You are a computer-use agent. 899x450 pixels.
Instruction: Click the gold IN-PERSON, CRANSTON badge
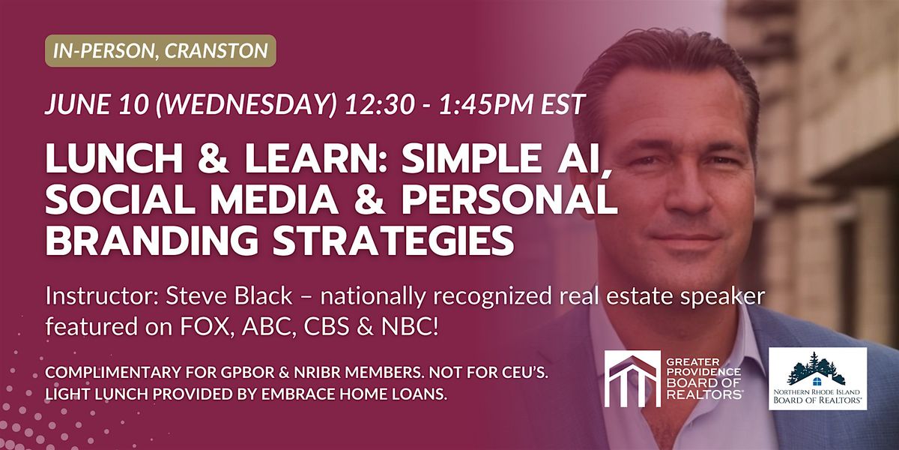[x=160, y=51]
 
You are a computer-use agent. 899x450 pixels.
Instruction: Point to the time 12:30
[x=379, y=104]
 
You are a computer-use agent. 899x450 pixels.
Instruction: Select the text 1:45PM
[x=486, y=104]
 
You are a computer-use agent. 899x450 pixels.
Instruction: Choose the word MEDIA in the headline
[x=274, y=199]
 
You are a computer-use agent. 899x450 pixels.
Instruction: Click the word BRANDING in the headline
[x=152, y=240]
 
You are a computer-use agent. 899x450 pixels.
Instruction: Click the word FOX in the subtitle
[x=206, y=327]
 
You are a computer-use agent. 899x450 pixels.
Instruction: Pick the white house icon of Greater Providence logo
[x=632, y=379]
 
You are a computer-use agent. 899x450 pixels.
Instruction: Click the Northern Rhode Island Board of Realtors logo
[x=817, y=379]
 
